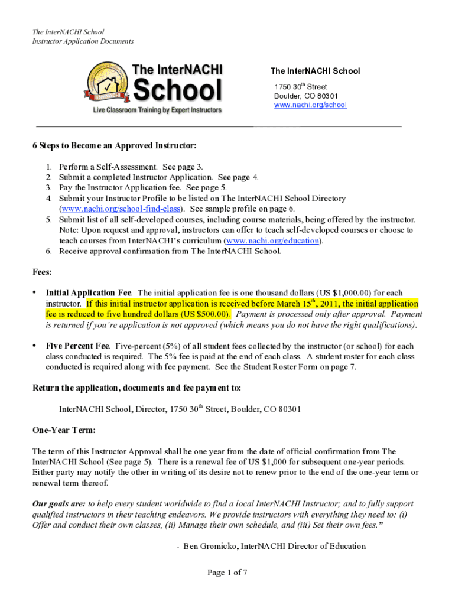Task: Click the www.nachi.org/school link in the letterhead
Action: point(310,105)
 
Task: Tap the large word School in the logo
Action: point(178,90)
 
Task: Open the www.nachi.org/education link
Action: point(272,240)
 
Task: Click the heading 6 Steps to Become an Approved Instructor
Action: point(114,145)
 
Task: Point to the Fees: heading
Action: point(41,272)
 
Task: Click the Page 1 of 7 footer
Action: point(227,572)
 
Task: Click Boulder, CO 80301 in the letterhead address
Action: point(305,96)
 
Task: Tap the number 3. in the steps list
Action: point(50,187)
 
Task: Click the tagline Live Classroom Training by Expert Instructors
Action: point(156,110)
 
